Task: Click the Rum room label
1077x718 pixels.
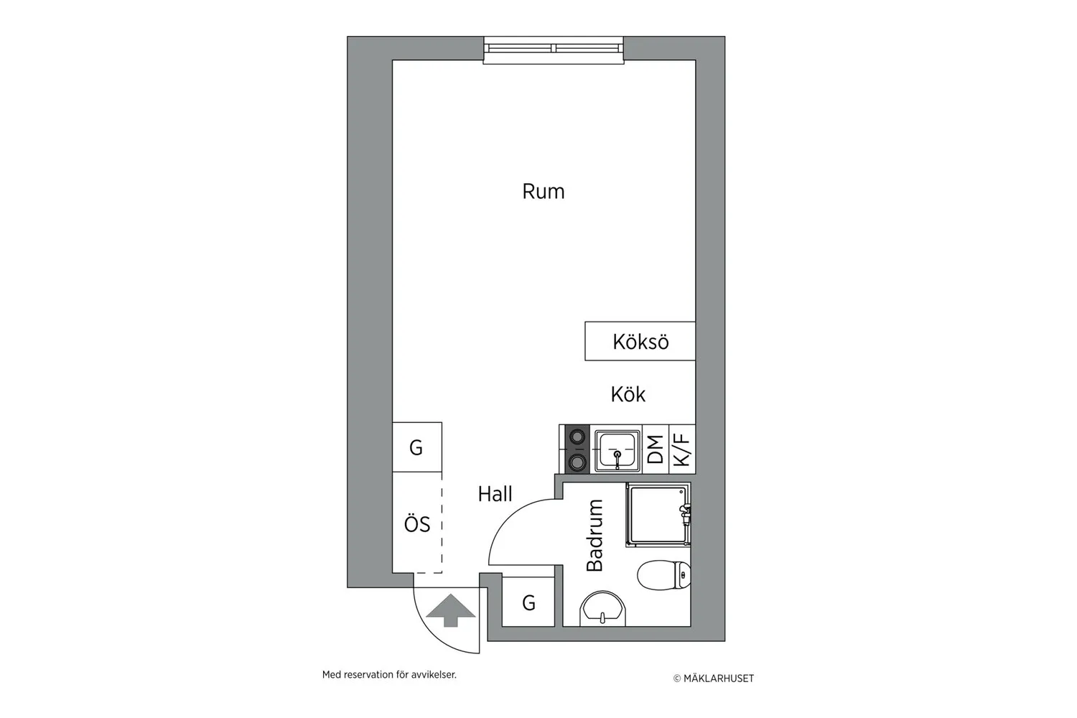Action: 544,192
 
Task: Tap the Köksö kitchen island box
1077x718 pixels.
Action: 640,341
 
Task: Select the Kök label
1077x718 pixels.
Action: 628,394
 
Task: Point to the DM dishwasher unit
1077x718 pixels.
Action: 656,449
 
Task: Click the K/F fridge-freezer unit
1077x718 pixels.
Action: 682,449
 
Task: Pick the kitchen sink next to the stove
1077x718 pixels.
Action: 617,451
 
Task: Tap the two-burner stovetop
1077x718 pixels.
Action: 577,449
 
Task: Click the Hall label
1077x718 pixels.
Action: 495,494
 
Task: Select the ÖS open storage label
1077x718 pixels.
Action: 417,524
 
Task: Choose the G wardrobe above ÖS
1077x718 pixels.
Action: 417,447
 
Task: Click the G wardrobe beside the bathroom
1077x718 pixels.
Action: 528,602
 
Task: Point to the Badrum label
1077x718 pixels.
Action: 595,535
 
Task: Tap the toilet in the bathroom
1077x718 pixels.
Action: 664,574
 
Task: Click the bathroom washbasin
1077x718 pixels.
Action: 603,609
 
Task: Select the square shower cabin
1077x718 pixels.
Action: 658,515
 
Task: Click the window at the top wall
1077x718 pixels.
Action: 554,50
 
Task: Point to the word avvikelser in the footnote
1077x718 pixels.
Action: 434,675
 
